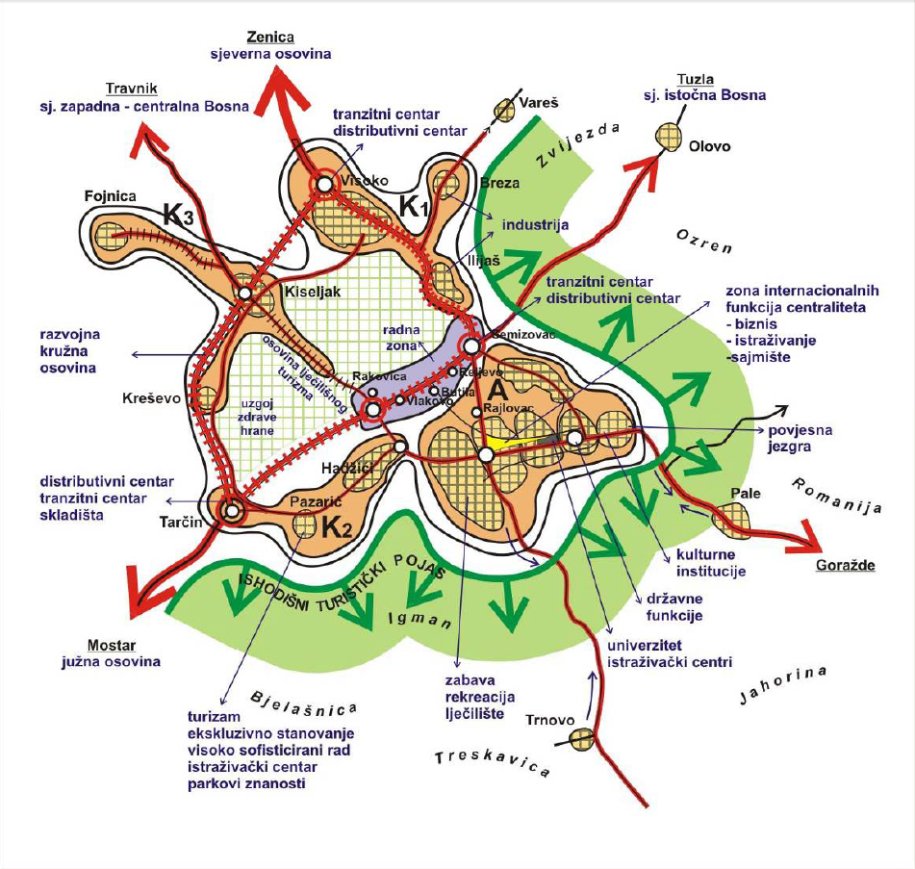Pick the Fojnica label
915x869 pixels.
coord(111,197)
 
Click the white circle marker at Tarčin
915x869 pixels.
coord(231,511)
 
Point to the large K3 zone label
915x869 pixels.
coord(178,216)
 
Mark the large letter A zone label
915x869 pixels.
coord(497,388)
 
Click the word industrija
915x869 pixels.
coord(534,224)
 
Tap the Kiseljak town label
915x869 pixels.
coord(312,289)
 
